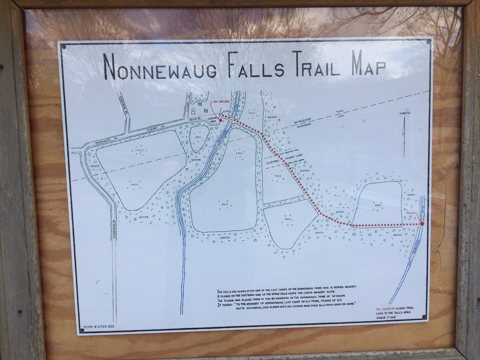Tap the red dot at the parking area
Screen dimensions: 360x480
point(220,120)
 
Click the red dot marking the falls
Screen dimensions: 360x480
point(422,224)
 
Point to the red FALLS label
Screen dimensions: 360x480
point(410,212)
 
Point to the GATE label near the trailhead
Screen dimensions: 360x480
point(226,111)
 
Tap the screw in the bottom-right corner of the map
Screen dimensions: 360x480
point(423,317)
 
